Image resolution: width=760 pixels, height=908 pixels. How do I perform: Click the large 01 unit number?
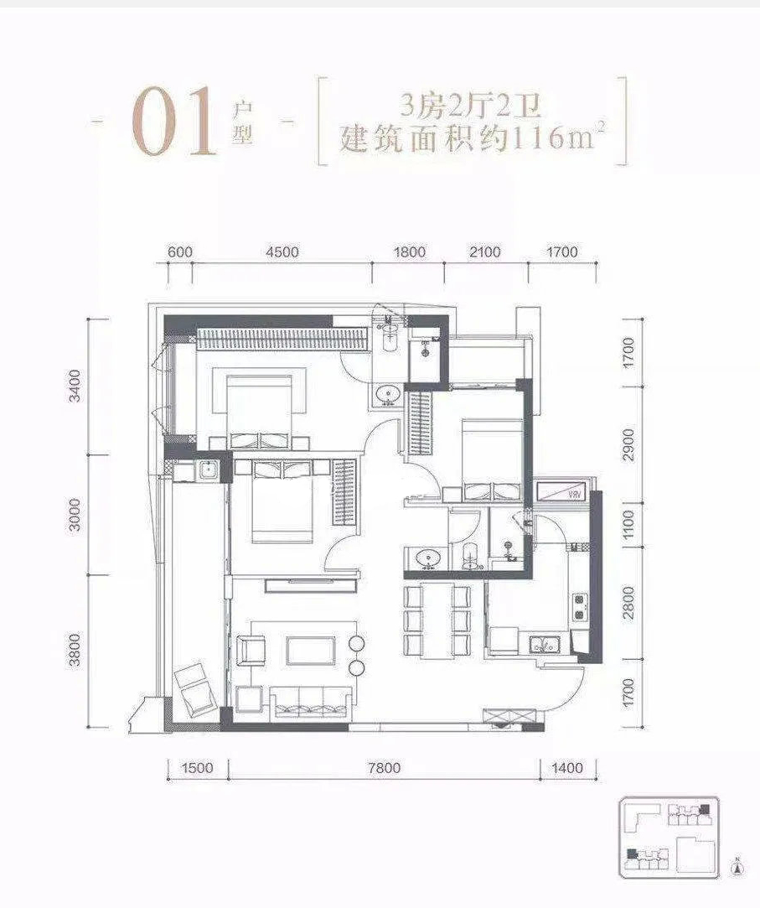coord(173,122)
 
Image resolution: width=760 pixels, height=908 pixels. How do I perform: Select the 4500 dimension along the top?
coord(282,252)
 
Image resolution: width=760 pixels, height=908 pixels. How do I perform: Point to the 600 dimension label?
coord(179,252)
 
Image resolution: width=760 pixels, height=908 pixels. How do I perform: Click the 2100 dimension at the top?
coord(485,252)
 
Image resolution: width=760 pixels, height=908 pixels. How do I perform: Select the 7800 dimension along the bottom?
coord(384,769)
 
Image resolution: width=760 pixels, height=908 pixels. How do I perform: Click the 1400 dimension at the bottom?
coord(566,769)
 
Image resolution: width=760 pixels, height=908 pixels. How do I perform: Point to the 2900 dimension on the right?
coord(629,444)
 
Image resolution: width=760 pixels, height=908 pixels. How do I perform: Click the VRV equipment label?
coord(574,495)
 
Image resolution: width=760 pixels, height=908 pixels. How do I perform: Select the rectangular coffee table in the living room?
coord(311,651)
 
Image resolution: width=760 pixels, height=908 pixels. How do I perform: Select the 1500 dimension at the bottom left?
coord(198,769)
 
